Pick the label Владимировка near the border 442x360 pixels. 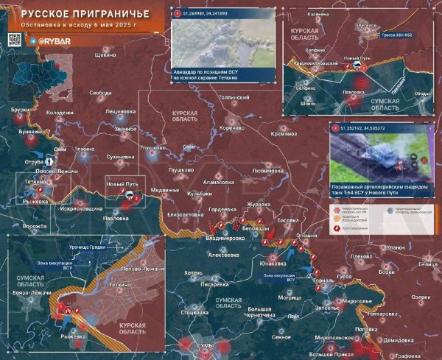pos(225,239)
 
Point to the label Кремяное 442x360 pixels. pos(284,135)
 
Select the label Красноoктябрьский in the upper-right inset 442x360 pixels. pos(311,64)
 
